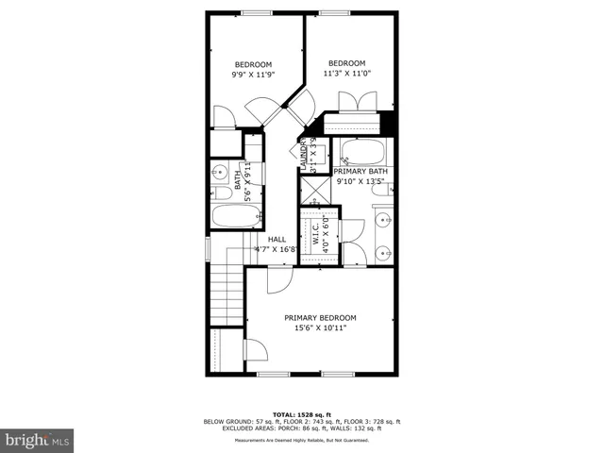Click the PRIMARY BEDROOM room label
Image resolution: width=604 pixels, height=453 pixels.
(321, 317)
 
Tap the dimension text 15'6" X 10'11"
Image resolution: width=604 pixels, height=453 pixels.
(321, 328)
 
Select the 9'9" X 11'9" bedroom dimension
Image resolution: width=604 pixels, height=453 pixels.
(253, 75)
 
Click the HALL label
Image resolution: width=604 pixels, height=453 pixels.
(277, 240)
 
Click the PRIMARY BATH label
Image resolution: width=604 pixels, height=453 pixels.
(361, 171)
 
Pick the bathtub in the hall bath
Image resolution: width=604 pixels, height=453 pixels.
(235, 217)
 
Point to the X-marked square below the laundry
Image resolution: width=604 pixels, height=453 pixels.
(312, 190)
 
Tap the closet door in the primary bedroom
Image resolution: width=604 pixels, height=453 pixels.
(254, 350)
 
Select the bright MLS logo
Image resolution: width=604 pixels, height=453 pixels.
(38, 440)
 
